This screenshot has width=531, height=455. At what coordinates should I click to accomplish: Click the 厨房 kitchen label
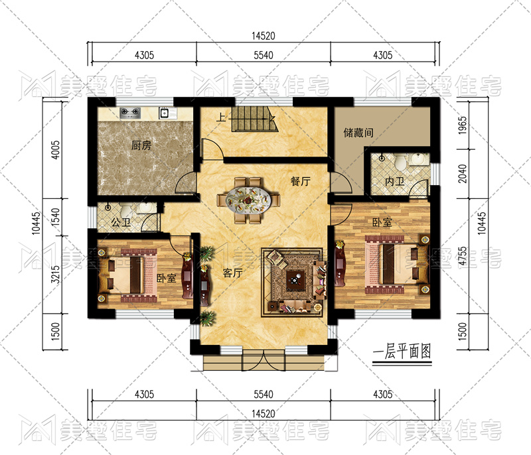click(141, 145)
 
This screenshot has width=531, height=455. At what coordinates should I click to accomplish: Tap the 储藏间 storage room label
click(358, 133)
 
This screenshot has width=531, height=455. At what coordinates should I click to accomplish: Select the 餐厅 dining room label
click(301, 181)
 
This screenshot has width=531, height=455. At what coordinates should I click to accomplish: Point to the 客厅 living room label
click(233, 273)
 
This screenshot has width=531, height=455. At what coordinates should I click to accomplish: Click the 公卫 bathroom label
click(121, 222)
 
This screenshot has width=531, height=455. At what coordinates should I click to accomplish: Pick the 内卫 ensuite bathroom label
click(394, 182)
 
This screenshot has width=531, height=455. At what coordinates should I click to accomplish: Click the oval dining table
click(248, 200)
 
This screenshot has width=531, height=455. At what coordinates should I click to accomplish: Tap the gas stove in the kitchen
click(130, 113)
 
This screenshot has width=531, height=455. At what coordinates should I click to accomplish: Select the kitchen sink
click(164, 113)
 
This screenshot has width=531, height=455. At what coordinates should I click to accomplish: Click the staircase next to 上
click(254, 119)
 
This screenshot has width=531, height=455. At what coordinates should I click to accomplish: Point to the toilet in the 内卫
click(401, 162)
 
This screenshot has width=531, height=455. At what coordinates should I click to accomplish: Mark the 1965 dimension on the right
click(463, 125)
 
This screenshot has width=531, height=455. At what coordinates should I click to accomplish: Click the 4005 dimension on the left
click(55, 149)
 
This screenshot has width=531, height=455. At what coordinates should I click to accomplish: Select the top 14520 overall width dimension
click(263, 36)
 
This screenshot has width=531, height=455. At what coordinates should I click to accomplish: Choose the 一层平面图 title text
click(402, 352)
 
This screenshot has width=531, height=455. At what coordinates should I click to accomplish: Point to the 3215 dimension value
click(55, 275)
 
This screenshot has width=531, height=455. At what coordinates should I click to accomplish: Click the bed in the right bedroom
click(396, 264)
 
